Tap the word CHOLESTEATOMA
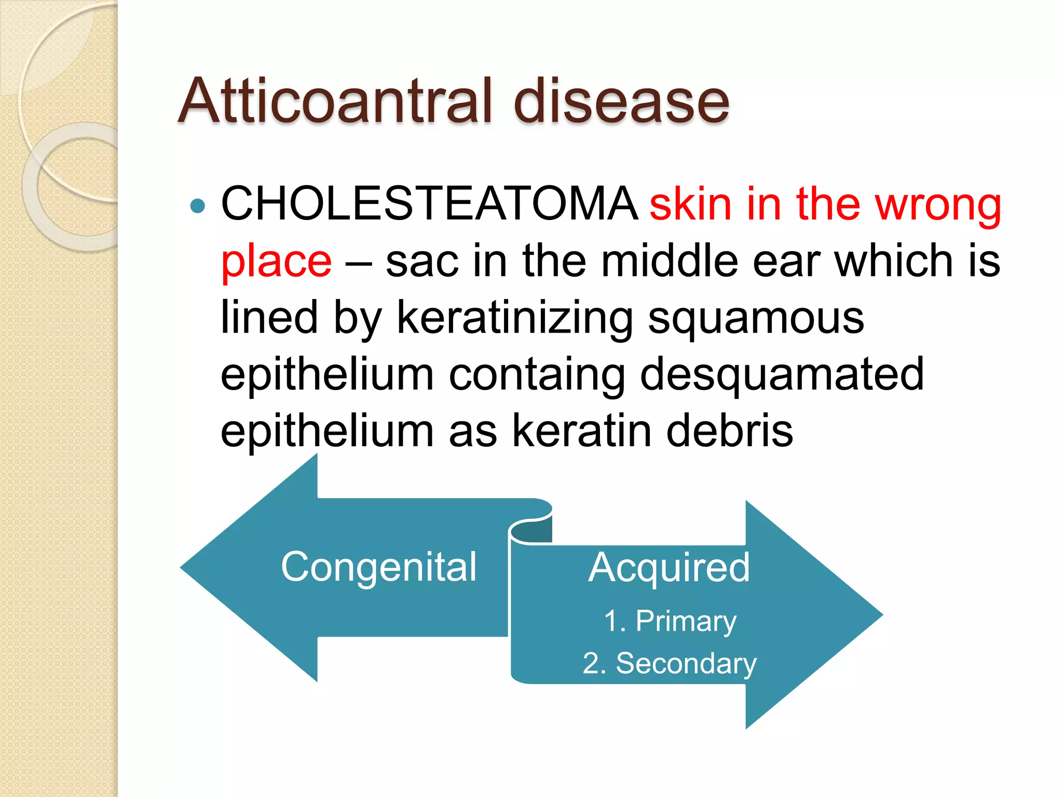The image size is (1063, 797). point(429,203)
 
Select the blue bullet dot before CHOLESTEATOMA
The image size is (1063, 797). point(198,206)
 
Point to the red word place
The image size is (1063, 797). point(276,262)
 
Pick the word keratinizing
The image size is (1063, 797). point(515,318)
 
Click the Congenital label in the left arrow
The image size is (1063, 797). point(378,568)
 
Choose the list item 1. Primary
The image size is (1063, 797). point(670,621)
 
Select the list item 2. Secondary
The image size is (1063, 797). point(670,664)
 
